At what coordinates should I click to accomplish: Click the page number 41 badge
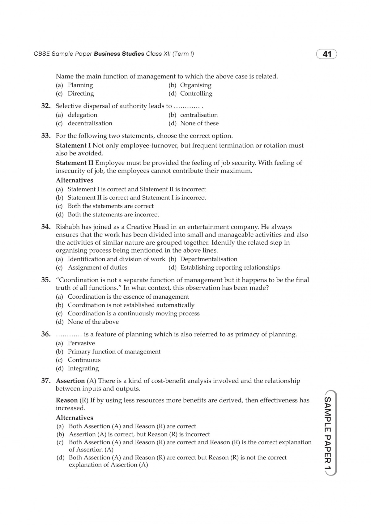(326, 54)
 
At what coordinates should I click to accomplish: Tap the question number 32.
(46, 106)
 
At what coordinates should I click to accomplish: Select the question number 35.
(46, 280)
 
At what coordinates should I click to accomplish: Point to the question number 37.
(46, 381)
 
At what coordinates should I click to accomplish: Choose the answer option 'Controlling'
(196, 94)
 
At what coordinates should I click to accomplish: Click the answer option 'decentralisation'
(90, 123)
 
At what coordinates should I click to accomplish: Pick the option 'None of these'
(199, 123)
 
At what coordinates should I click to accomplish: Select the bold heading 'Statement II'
(75, 163)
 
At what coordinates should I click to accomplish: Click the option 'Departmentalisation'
(209, 259)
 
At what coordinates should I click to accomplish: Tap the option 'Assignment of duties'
(97, 268)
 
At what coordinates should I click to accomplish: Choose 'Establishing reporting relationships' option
(230, 268)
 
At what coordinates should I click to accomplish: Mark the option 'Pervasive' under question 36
(81, 343)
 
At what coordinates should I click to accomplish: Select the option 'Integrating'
(83, 369)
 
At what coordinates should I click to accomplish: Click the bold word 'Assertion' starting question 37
(70, 381)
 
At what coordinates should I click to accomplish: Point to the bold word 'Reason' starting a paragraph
(67, 400)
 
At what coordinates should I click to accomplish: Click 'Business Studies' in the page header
(119, 54)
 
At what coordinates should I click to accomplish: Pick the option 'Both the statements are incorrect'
(113, 215)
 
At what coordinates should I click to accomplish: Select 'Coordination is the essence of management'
(128, 297)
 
